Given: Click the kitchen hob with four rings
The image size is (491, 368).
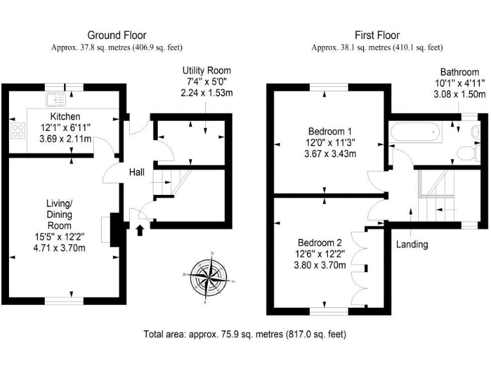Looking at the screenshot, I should (17, 131).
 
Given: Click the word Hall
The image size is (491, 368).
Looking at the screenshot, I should (137, 172).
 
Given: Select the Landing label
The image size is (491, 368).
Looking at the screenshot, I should (412, 244).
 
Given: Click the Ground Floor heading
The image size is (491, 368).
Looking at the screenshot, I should (116, 35).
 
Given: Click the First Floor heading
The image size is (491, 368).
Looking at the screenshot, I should (377, 35).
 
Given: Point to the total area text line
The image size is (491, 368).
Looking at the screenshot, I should (245, 333).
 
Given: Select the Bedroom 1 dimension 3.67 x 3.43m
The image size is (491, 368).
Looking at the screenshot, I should (329, 154).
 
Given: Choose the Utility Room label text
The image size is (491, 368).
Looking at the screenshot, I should (207, 70).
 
